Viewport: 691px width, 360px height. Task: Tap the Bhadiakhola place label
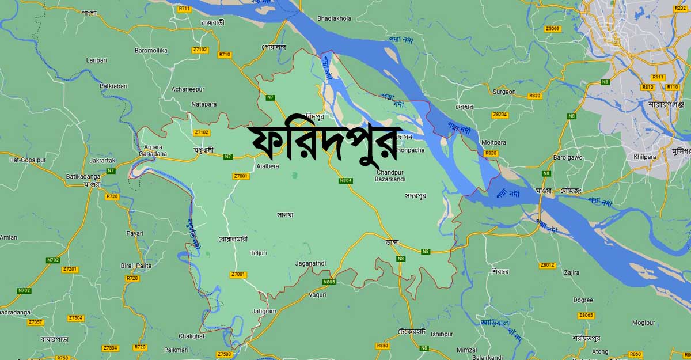334,18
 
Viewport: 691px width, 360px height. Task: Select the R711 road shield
184,9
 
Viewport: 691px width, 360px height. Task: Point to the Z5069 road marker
552,28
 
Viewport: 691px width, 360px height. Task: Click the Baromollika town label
151,51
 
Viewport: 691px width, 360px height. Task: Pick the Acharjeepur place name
188,89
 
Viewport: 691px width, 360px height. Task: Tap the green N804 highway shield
345,181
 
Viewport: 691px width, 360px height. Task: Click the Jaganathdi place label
310,263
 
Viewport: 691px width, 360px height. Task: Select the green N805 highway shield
329,282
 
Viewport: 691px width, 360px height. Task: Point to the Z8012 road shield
547,265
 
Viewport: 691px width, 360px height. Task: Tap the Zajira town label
572,272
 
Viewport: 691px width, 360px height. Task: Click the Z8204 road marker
500,115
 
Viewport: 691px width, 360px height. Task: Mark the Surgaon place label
504,92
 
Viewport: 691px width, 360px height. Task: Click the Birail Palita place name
136,266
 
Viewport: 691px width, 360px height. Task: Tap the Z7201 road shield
70,269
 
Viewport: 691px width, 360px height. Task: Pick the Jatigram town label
264,312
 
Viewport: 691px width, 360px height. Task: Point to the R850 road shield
382,346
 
